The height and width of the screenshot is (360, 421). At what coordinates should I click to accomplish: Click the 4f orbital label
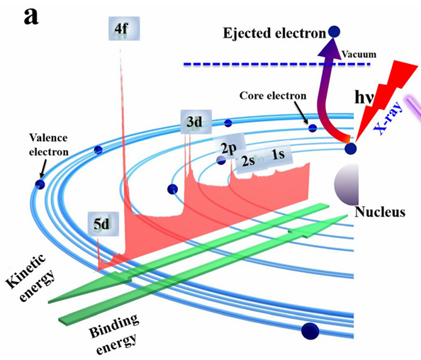pos(124,28)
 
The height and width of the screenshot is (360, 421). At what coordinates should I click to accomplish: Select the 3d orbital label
pos(196,122)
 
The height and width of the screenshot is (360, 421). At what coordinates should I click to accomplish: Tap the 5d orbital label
pos(103,224)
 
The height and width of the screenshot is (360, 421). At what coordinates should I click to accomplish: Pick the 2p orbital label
pos(230,147)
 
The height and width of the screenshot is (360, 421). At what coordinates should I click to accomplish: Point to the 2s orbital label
pos(248,161)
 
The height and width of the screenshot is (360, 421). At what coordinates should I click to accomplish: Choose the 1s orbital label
pos(279,155)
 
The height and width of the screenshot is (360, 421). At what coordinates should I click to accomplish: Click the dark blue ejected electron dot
pos(335,32)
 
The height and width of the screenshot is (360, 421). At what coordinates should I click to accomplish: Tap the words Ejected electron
pos(274,33)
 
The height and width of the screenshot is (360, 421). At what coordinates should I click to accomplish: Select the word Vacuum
pos(359,55)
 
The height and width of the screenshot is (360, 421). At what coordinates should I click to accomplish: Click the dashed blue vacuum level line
pos(277,64)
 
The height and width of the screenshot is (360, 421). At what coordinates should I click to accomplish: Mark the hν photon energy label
pos(364,98)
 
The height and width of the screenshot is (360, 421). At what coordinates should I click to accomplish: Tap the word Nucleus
pos(380,212)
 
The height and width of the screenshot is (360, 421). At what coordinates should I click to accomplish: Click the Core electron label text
pos(273,96)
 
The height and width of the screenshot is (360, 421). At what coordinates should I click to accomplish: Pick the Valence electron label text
pos(49,145)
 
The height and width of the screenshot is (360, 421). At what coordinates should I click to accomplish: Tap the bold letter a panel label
pos(31,17)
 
